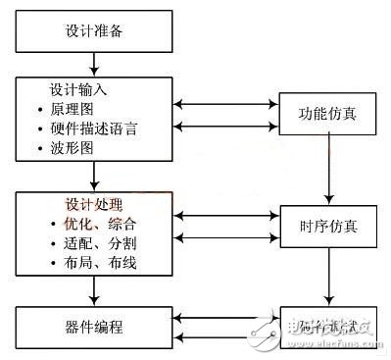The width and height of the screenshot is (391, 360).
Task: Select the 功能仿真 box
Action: [x=328, y=113]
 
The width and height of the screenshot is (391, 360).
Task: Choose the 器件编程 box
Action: [x=94, y=323]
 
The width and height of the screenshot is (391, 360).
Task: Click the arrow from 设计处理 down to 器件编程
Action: [x=94, y=289]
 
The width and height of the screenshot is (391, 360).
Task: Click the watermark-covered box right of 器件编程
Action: [x=328, y=323]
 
